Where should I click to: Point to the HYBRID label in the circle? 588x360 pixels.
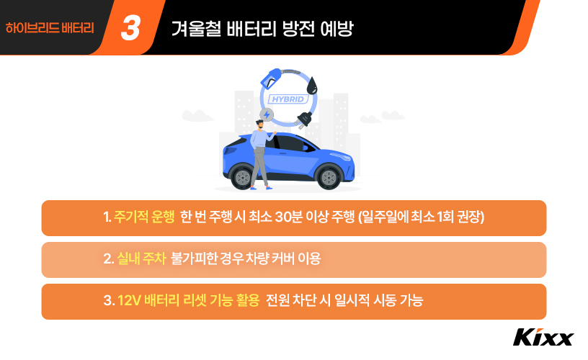click(288, 99)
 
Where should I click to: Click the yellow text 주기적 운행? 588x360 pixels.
click(144, 217)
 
